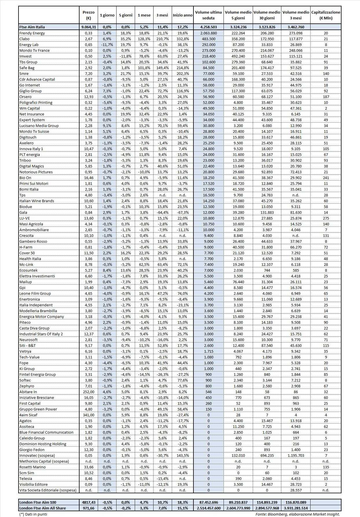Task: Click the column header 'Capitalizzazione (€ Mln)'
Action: click(x=326, y=15)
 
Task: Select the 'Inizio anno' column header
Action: click(x=182, y=15)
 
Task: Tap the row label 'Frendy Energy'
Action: click(x=32, y=33)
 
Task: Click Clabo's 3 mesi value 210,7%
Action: click(x=163, y=39)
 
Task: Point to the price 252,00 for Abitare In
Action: click(x=88, y=392)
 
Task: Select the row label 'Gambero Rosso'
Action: click(x=33, y=241)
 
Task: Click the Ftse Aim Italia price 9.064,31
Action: click(x=88, y=27)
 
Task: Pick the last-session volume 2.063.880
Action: click(x=208, y=33)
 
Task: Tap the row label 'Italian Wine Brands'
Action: click(x=37, y=201)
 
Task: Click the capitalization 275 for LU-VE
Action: click(x=326, y=218)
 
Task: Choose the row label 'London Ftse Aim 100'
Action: click(x=38, y=502)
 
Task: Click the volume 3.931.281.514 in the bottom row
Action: click(x=296, y=508)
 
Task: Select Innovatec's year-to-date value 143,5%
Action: click(x=182, y=455)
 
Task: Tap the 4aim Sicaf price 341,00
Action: click(x=88, y=415)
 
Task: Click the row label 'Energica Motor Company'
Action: click(x=42, y=317)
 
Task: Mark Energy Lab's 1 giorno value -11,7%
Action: click(x=107, y=45)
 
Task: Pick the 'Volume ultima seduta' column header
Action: click(x=208, y=15)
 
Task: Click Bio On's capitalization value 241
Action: click(x=326, y=178)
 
